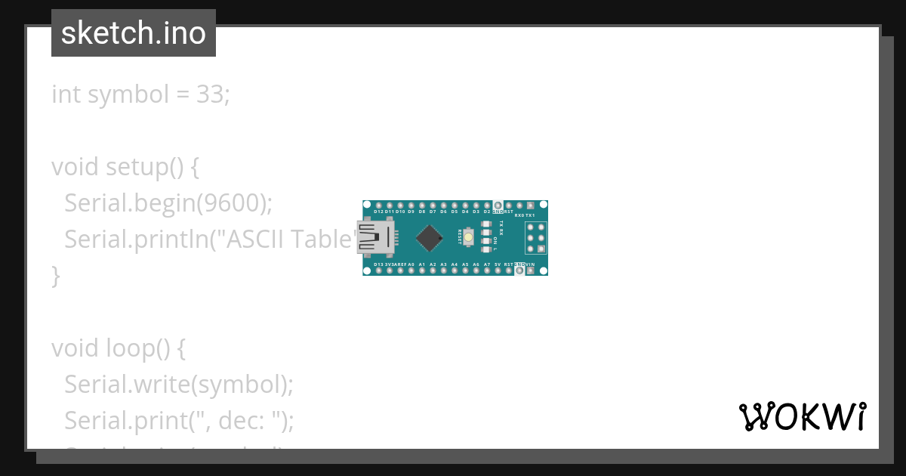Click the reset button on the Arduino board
[x=469, y=237]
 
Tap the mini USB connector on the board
[x=374, y=237]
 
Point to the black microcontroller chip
[x=430, y=237]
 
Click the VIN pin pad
[x=531, y=270]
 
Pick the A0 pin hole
[x=411, y=270]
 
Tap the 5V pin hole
[x=498, y=270]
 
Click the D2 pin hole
[x=487, y=206]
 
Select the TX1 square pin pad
[x=531, y=206]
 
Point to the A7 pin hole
[x=487, y=270]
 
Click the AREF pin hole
[x=400, y=270]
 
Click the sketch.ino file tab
[x=134, y=33]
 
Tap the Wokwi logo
[x=802, y=416]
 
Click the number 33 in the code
[x=211, y=94]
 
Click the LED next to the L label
[x=485, y=249]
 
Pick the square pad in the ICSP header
[x=532, y=227]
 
